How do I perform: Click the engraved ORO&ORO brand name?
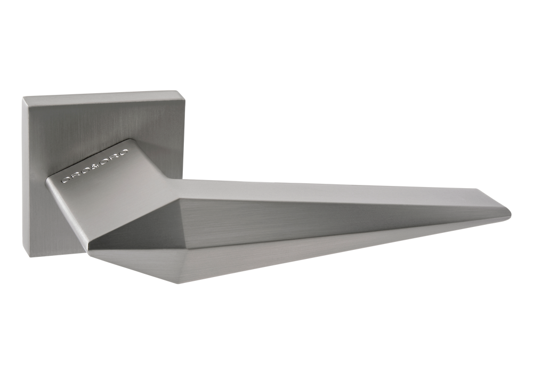[x=95, y=166]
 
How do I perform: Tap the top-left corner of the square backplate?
[x=23, y=98]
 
